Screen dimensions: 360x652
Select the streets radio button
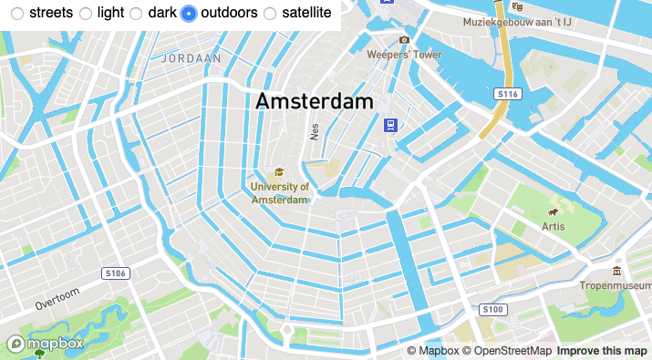(17, 14)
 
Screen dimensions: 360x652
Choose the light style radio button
(86, 14)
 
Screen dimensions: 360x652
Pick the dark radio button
(136, 14)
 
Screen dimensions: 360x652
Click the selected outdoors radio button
(189, 14)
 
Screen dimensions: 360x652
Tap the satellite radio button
(270, 14)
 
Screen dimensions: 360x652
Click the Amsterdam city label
(315, 101)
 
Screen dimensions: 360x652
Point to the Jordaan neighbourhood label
(191, 57)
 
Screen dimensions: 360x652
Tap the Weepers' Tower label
(404, 55)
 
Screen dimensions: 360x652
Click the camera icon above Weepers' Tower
(404, 40)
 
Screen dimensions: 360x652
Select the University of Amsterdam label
(280, 192)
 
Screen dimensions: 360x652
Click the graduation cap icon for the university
(279, 172)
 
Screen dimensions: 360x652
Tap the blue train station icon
(390, 126)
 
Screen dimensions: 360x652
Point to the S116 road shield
(507, 94)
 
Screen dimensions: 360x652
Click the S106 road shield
(116, 273)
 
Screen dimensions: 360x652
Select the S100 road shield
(492, 310)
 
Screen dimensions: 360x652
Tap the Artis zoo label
(553, 225)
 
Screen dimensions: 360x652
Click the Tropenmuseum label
(616, 284)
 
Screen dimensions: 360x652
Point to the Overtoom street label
(57, 298)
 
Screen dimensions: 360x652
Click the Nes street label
(315, 131)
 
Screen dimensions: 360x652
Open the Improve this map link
(602, 351)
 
